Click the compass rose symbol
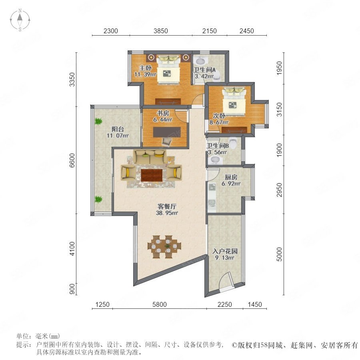click(20, 20)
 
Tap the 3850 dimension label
click(161, 31)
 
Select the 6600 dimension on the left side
click(72, 160)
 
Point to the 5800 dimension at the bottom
click(160, 304)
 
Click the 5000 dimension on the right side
click(279, 254)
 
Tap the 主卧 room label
click(146, 68)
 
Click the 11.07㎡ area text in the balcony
click(118, 136)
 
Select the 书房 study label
click(163, 113)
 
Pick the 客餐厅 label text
click(167, 206)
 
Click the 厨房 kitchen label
click(231, 177)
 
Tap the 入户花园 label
click(225, 251)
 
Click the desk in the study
click(167, 132)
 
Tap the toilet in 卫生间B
click(233, 142)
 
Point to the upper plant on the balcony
click(98, 121)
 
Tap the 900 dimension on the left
click(72, 289)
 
